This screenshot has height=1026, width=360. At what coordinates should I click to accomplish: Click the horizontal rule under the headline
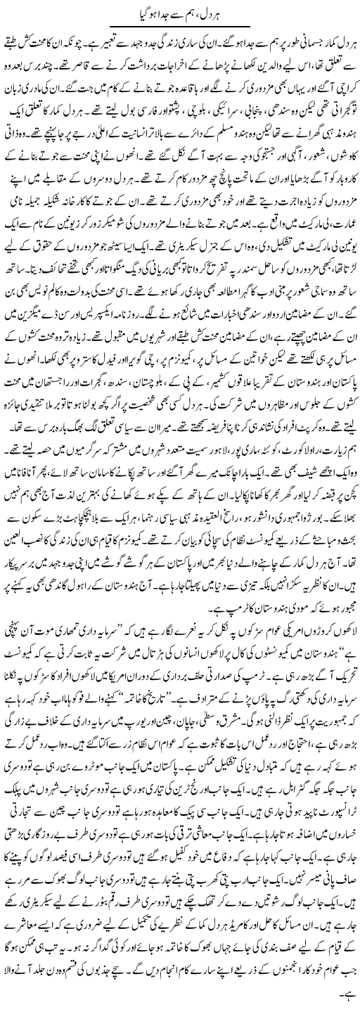click(x=180, y=27)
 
